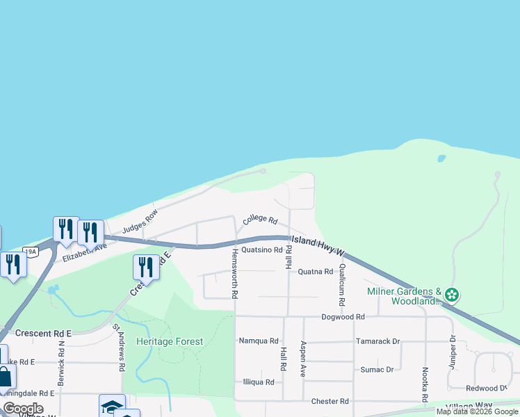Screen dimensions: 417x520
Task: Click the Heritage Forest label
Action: coord(170,341)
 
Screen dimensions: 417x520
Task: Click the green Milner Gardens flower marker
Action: coord(452,295)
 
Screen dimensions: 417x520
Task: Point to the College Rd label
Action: coord(260,221)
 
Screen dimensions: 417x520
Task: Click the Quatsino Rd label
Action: coord(261,250)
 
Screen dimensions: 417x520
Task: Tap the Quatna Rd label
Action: coord(316,272)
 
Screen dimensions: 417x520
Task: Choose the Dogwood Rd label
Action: coord(343,317)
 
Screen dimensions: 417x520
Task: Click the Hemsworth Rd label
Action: coord(236,273)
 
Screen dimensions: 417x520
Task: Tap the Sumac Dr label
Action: coord(377,369)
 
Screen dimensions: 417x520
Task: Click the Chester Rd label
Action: coord(330,401)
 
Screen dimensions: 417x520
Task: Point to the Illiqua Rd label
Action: coord(259,382)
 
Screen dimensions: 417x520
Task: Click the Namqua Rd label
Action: coord(259,341)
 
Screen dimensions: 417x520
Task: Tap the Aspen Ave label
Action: coord(303,359)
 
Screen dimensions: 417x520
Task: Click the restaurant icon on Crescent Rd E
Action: coord(146,266)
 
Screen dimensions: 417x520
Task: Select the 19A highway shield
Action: coord(29,251)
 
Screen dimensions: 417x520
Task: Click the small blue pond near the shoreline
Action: coord(441,158)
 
